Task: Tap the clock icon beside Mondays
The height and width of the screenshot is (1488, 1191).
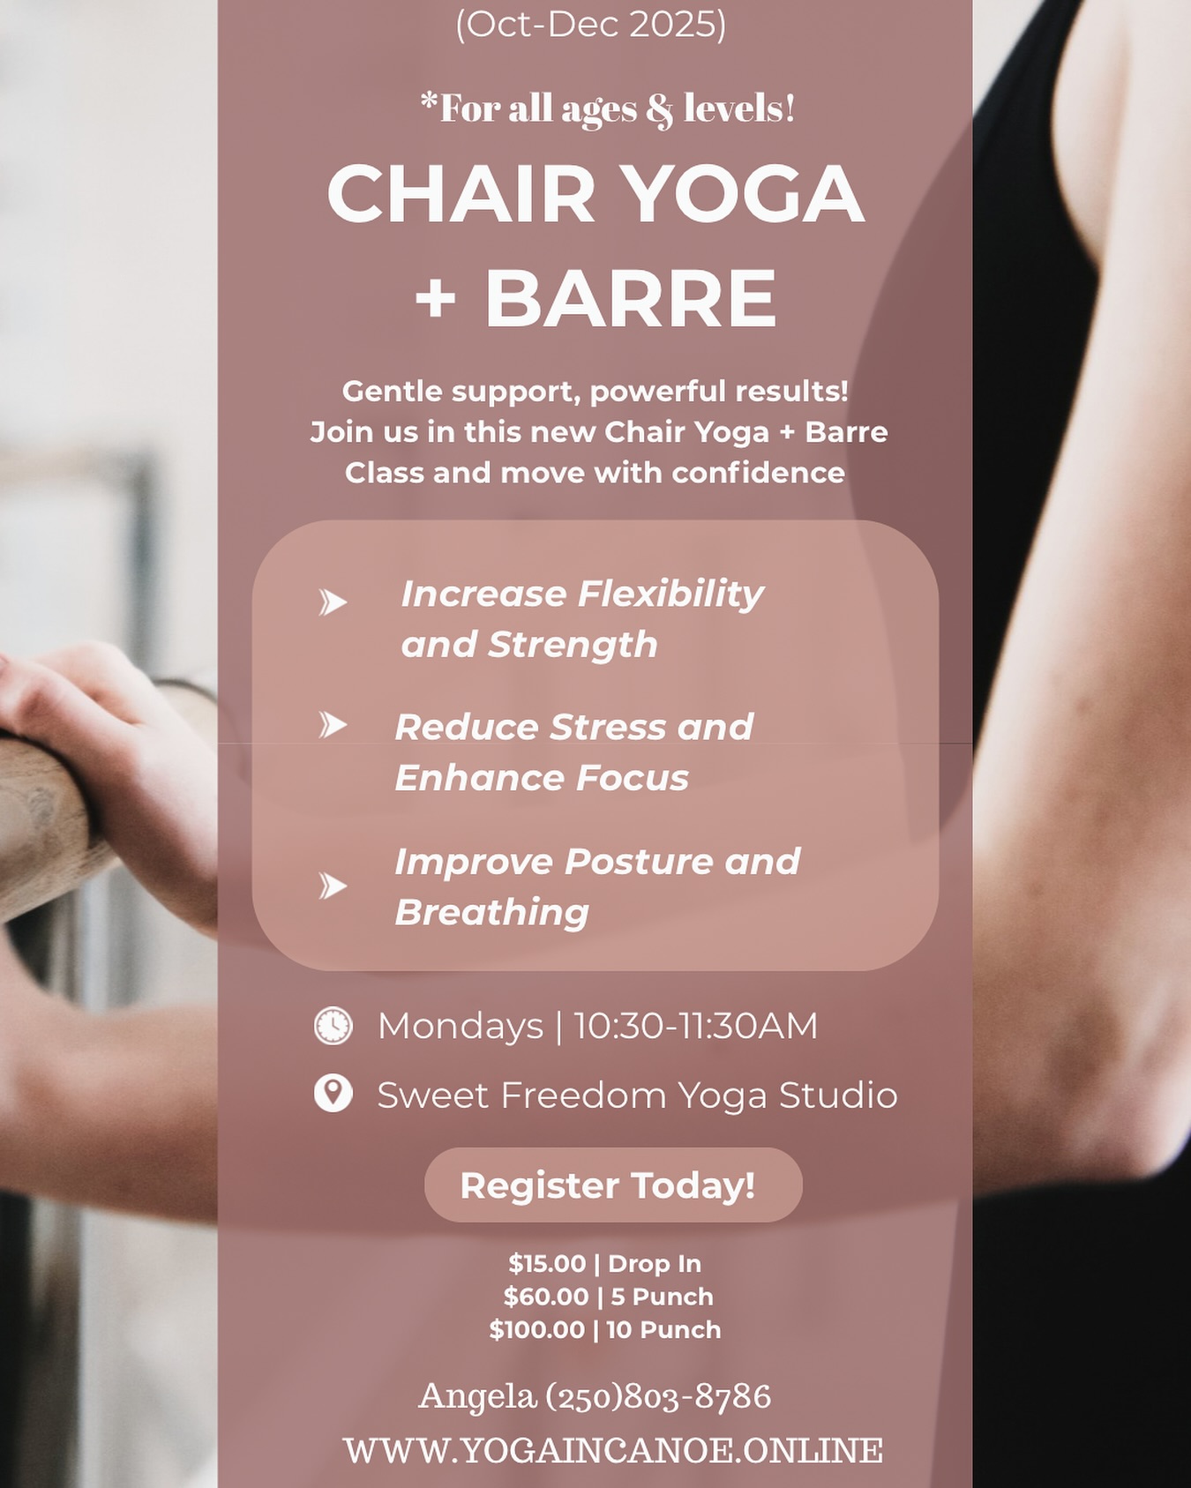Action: pos(333,1026)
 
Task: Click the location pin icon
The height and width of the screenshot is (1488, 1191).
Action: pos(333,1094)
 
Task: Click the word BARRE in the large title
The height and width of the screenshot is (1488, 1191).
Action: pos(631,298)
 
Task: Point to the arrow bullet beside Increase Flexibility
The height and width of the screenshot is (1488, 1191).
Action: pos(333,602)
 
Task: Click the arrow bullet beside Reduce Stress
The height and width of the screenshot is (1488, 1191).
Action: pos(333,725)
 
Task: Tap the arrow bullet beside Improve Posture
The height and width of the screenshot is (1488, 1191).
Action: pos(333,886)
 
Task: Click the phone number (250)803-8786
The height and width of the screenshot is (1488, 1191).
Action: pos(658,1396)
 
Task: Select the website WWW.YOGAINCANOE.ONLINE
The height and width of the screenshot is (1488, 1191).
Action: pos(613,1450)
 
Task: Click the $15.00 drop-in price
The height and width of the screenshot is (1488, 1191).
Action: pos(547,1264)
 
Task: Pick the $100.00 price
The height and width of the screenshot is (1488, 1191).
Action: pos(537,1330)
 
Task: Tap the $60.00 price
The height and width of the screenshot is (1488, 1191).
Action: pos(546,1297)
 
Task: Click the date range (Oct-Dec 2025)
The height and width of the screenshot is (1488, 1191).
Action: pos(591,24)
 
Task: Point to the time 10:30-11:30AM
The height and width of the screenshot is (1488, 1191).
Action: pos(695,1026)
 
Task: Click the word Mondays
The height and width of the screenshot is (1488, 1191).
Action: pos(461,1026)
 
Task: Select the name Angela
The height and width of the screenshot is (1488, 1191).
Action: pos(477,1396)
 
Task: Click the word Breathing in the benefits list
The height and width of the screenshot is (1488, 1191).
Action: pos(491,912)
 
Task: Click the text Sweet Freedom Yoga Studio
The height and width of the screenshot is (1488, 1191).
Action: pos(637,1095)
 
